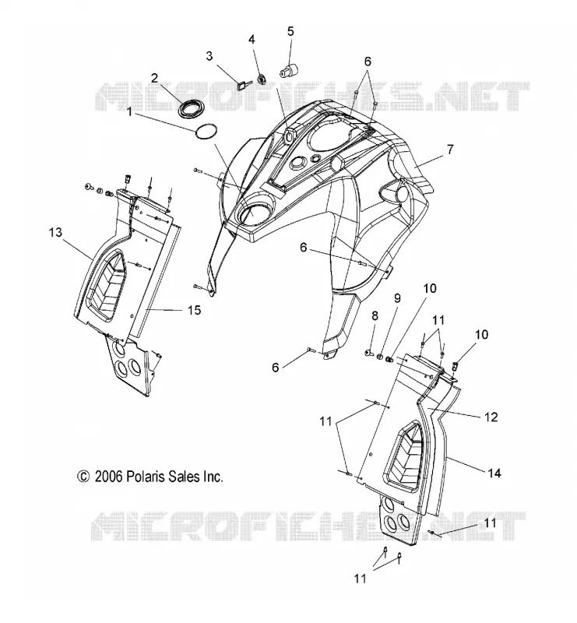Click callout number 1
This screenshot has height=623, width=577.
pos(129,111)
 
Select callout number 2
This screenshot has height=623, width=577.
pos(155,77)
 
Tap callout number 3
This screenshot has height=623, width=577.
pos(209,56)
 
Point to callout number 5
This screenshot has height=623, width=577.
pos(291,31)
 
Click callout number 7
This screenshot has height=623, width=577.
pos(450,150)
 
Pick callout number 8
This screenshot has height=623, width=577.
pos(375,316)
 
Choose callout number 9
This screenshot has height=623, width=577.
pos(397,298)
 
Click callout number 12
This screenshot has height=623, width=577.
pos(491,417)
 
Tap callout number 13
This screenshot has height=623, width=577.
pos(55,232)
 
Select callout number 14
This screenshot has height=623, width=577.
pos(494,473)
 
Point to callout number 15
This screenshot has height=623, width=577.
pos(194,310)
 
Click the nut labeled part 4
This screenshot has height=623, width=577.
pos(261,79)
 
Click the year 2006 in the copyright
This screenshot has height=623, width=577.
pos(108,477)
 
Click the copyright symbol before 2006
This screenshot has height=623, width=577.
pos(83,477)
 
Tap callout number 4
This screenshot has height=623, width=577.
pos(252,40)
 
